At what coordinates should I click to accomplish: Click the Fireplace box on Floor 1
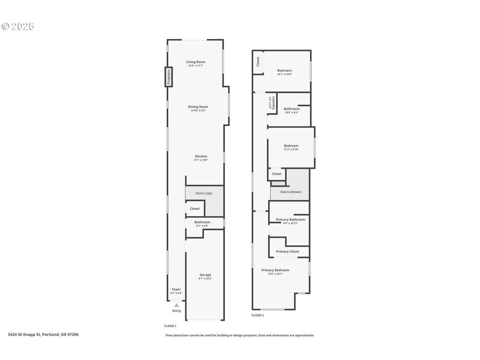[x=169, y=77]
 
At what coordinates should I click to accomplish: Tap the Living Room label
[x=196, y=62]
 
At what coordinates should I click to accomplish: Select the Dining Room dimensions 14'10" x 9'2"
[x=198, y=110]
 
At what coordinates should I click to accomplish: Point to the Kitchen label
[x=201, y=156]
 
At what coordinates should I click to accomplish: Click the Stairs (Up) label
[x=204, y=193]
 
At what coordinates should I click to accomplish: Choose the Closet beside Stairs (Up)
[x=195, y=209]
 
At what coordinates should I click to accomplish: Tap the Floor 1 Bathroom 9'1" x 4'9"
[x=202, y=224]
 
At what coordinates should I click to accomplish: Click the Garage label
[x=205, y=275]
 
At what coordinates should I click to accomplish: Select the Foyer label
[x=176, y=289]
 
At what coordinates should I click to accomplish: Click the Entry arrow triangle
[x=177, y=305]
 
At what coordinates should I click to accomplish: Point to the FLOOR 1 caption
[x=170, y=326]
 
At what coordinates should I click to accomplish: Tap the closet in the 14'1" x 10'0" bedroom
[x=258, y=62]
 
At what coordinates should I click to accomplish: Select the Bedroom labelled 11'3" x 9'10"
[x=291, y=147]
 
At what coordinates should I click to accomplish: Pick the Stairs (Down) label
[x=291, y=192]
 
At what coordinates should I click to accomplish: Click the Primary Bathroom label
[x=290, y=219]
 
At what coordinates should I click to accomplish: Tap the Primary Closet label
[x=287, y=251]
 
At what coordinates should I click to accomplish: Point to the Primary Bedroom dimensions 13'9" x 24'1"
[x=275, y=274]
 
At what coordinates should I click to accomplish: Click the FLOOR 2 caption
[x=257, y=315]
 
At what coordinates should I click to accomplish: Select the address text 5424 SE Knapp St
[x=24, y=334]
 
